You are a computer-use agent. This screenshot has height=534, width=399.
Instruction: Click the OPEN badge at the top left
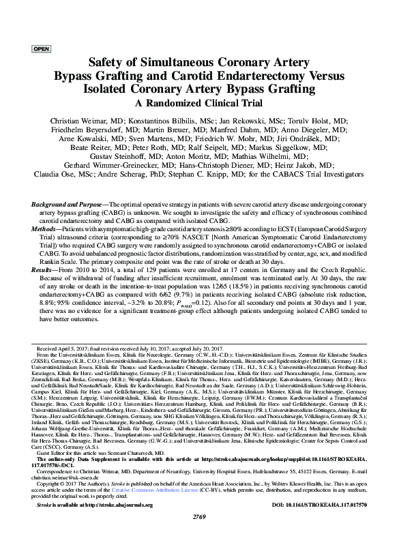pos(41,49)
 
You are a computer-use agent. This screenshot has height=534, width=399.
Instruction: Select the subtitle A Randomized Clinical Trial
pos(199,103)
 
